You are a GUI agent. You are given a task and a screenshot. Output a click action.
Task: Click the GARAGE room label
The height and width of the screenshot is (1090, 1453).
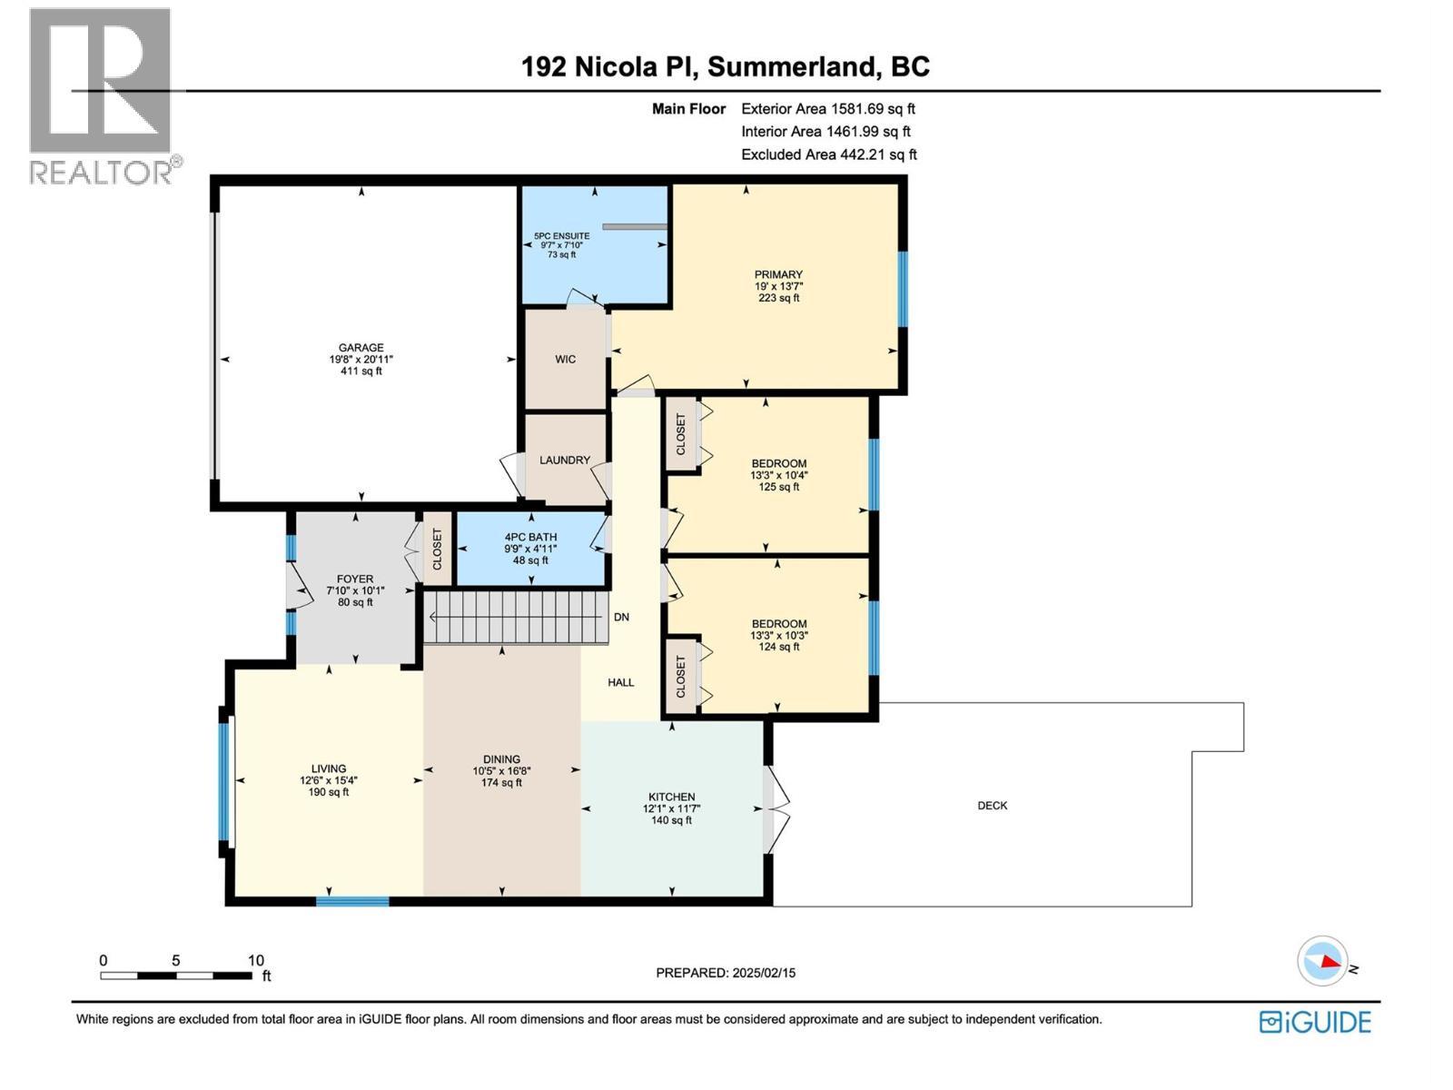pos(361,347)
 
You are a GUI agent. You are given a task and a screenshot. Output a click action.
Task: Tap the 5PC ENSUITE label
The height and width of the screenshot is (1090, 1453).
pos(561,236)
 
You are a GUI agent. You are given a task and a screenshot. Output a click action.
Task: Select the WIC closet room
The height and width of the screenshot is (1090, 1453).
pos(565,360)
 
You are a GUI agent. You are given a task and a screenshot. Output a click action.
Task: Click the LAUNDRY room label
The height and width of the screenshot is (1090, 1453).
pos(565,461)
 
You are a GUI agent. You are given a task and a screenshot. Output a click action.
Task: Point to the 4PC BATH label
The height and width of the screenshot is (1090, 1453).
pos(530,537)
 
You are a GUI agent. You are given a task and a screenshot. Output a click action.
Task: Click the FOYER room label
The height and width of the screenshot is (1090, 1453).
pos(354,579)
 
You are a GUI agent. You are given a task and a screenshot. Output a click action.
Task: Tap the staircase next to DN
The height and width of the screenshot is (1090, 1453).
pos(516,617)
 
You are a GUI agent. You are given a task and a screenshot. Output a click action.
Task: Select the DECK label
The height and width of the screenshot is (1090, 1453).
pos(992,806)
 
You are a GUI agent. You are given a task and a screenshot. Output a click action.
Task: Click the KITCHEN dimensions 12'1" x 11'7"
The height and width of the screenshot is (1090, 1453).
pos(671,808)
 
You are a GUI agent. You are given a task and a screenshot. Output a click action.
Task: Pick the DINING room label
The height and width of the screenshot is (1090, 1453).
pos(501,759)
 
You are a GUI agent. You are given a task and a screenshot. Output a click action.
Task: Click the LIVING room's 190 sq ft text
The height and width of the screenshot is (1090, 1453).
pos(328,792)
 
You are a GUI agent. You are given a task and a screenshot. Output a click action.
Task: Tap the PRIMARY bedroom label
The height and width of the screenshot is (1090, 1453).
pos(778,274)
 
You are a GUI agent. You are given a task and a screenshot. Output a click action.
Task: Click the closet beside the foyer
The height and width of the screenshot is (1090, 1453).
pos(437,550)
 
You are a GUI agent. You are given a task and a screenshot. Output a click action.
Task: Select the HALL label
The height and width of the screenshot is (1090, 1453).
pos(621,682)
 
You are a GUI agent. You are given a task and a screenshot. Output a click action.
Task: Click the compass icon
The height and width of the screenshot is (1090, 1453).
pos(1322,961)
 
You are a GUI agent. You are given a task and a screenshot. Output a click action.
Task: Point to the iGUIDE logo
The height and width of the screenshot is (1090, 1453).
pos(1315,1022)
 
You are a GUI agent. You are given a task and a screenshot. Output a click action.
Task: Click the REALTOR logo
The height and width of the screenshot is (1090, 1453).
pos(101,95)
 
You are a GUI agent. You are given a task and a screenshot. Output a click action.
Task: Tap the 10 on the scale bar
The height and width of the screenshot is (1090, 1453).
pos(255,960)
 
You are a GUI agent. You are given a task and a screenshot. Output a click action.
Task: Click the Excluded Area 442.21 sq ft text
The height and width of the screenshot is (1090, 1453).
pos(828,154)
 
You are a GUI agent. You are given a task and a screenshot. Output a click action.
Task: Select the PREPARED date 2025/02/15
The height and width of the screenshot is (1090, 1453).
pos(726,973)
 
